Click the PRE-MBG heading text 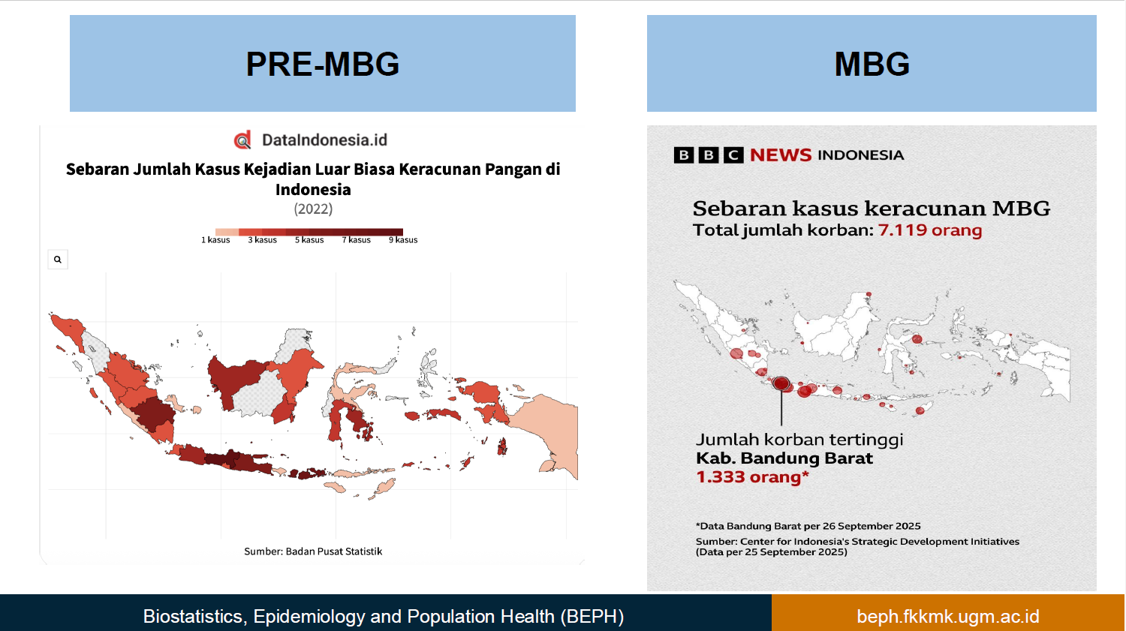point(322,64)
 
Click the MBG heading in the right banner point(872,64)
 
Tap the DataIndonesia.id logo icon point(242,140)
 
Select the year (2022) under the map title point(313,209)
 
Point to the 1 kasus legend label point(215,239)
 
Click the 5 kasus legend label point(309,239)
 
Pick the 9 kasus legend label point(403,239)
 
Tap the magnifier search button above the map point(58,260)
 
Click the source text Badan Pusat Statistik point(334,551)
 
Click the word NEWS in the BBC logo point(781,155)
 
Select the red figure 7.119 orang point(930,230)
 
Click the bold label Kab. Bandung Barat point(784,458)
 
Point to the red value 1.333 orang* point(752,476)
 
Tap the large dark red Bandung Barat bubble point(781,384)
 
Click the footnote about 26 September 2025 point(808,526)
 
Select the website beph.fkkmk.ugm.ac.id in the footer point(948,616)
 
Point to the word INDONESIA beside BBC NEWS point(861,155)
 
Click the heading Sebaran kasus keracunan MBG point(872,208)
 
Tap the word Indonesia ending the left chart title point(313,189)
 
